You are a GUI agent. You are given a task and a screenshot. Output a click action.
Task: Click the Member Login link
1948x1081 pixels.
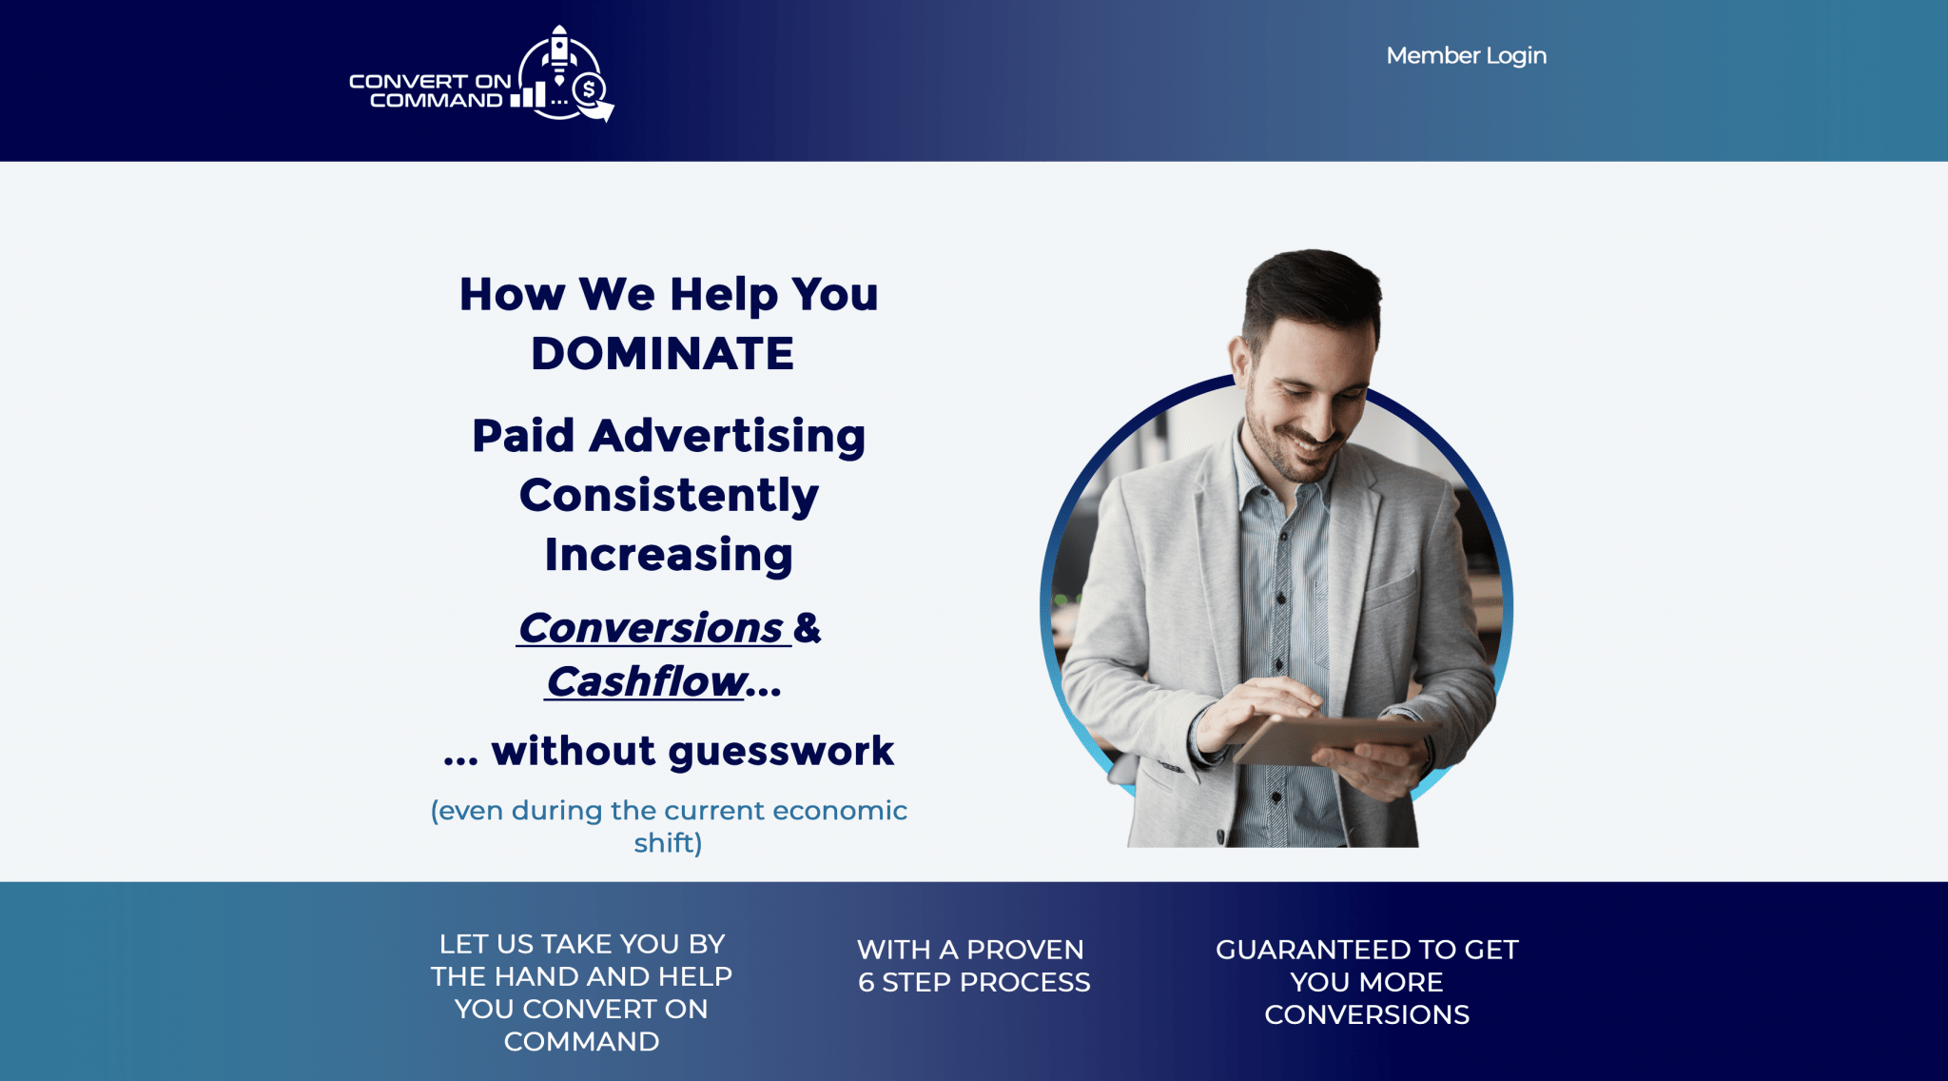click(x=1466, y=56)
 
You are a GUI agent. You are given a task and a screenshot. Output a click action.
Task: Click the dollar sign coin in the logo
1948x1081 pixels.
click(x=589, y=90)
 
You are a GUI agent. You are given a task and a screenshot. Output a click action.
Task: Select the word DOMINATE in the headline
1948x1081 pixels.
click(x=662, y=354)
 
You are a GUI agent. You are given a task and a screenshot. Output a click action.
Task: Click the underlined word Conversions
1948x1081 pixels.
click(x=651, y=628)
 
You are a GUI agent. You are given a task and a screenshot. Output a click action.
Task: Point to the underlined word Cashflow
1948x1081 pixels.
click(x=645, y=681)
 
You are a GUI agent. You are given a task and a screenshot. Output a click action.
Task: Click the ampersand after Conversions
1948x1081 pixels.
click(x=807, y=628)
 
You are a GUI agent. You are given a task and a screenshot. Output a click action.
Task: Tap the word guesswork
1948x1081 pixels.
click(x=781, y=752)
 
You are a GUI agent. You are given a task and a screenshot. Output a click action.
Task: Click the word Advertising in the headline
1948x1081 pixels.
click(x=727, y=437)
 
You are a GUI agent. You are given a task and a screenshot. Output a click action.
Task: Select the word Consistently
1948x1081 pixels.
click(x=669, y=496)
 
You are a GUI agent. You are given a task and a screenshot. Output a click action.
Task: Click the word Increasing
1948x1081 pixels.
click(x=669, y=555)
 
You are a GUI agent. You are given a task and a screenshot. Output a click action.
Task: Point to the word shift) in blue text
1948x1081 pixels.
click(x=668, y=843)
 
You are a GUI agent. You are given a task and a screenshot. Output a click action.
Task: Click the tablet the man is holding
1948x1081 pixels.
click(x=1332, y=738)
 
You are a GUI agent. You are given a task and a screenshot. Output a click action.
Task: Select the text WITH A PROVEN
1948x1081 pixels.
click(x=970, y=950)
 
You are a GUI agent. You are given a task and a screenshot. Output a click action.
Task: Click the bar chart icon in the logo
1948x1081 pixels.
click(x=528, y=94)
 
